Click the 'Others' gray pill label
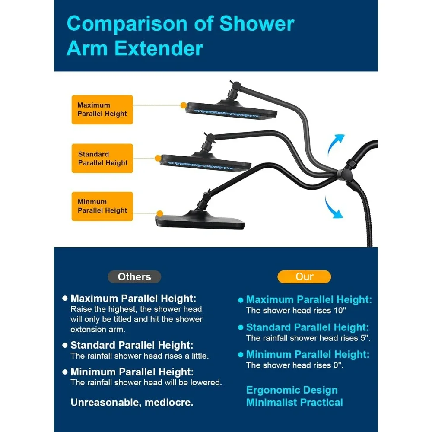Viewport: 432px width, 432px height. (134, 277)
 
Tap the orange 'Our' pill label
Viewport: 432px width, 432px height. (304, 276)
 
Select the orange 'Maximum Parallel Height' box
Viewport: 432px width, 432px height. (102, 110)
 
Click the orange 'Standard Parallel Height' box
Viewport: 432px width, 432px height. (102, 159)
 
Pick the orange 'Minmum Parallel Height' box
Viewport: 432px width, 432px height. (102, 206)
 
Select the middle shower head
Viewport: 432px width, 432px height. (205, 160)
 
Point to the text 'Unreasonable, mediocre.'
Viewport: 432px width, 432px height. (132, 403)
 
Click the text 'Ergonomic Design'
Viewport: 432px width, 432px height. (292, 390)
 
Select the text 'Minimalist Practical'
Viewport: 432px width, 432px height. (294, 402)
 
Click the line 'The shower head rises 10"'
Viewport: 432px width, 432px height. (296, 310)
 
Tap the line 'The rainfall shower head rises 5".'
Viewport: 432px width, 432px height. (308, 338)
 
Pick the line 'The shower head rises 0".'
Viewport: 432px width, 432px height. (295, 365)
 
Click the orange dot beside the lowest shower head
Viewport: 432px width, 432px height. (159, 213)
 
